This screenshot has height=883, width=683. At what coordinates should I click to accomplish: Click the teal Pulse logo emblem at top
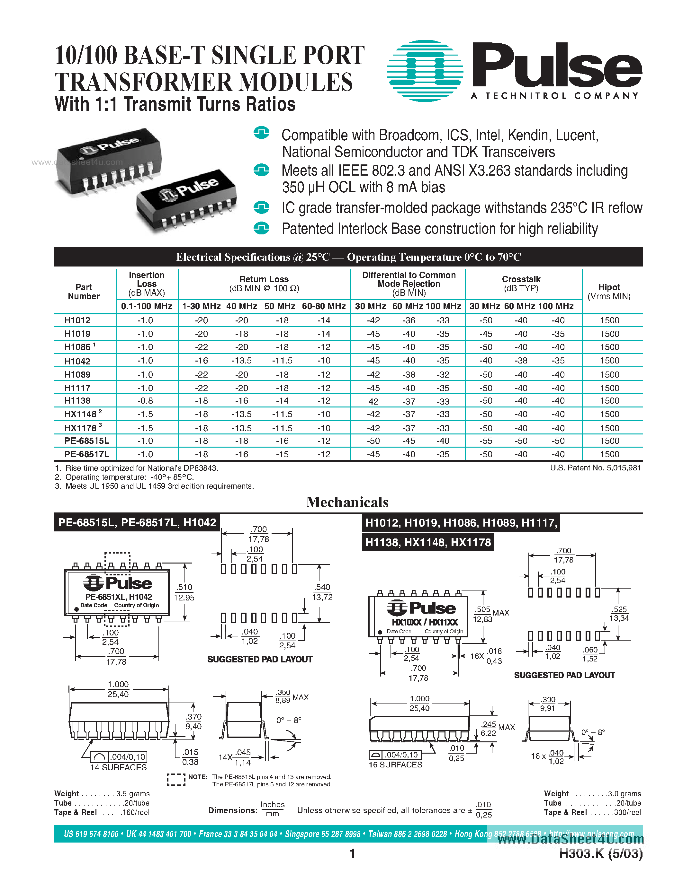point(425,70)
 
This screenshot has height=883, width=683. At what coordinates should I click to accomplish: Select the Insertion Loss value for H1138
point(145,401)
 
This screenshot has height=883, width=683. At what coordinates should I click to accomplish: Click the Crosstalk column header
point(521,284)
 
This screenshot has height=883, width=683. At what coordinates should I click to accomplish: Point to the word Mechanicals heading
point(347,502)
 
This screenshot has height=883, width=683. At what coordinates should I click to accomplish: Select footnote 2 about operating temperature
point(124,477)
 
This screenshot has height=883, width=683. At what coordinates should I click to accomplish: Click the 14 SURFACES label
point(118,767)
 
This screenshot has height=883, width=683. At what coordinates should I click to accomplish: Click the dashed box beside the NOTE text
point(176,780)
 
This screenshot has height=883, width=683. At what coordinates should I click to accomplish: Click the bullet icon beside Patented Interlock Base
point(261,228)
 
